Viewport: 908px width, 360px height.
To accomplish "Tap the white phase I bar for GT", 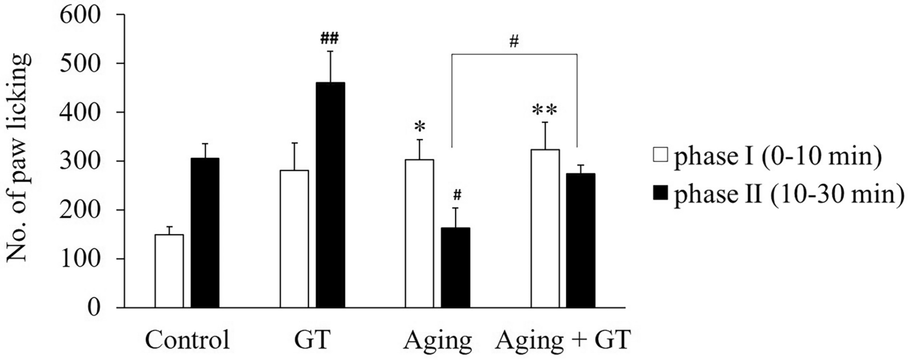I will pos(294,239).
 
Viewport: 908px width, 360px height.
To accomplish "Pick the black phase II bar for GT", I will pos(330,195).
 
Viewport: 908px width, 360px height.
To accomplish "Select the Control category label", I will pos(187,341).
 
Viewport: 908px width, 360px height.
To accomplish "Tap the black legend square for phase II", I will pos(661,195).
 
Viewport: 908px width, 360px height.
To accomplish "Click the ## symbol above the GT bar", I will pos(330,39).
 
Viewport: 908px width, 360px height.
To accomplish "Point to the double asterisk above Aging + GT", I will pos(545,111).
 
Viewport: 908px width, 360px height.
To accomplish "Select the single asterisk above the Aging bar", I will pos(419,127).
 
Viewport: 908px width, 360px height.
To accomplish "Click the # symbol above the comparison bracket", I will pos(514,42).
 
